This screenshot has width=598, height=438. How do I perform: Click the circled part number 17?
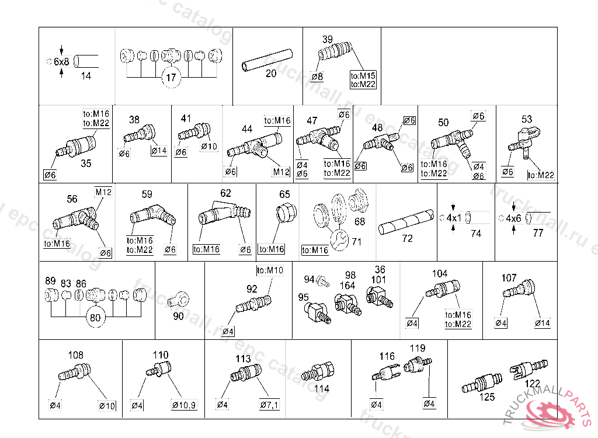click(x=170, y=78)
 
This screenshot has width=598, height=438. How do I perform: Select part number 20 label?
click(x=271, y=74)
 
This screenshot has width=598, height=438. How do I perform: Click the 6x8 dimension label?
click(x=61, y=61)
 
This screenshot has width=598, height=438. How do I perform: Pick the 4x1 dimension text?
click(x=454, y=218)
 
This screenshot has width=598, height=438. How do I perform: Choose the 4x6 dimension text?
click(x=513, y=218)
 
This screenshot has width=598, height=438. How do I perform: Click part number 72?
click(x=407, y=238)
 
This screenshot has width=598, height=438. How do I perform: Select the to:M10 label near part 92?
click(x=270, y=270)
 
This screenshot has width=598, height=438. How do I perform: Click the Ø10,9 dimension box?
click(x=183, y=405)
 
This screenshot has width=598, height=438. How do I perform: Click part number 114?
click(x=322, y=388)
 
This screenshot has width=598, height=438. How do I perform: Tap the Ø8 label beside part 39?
click(x=318, y=77)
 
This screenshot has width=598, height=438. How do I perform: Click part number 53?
click(x=527, y=119)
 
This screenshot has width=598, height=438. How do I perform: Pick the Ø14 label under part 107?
click(x=543, y=323)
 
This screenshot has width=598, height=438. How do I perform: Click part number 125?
click(x=487, y=397)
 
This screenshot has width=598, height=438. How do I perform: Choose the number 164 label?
click(x=347, y=286)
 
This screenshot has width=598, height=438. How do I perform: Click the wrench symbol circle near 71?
click(x=339, y=240)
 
